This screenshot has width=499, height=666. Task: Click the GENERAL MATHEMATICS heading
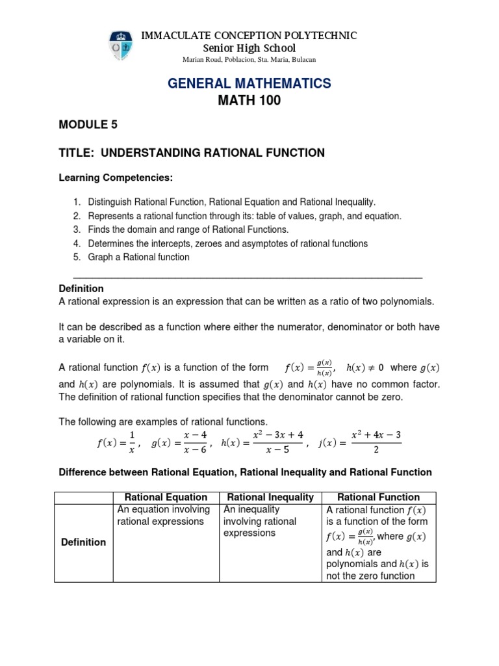coord(249,83)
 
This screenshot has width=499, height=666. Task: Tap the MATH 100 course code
coord(249,101)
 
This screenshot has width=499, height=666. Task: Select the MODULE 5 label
coord(88,126)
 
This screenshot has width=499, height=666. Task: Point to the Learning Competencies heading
coord(116,178)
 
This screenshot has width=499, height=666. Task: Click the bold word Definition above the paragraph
coord(81,288)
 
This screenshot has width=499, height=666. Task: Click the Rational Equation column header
coord(166,497)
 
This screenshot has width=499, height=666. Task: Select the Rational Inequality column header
coord(270,497)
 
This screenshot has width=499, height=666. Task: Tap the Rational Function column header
coord(379,497)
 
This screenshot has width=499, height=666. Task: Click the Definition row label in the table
coord(84,542)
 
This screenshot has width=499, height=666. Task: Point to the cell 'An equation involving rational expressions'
coord(163,515)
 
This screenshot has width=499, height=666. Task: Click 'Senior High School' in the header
coord(249,48)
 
